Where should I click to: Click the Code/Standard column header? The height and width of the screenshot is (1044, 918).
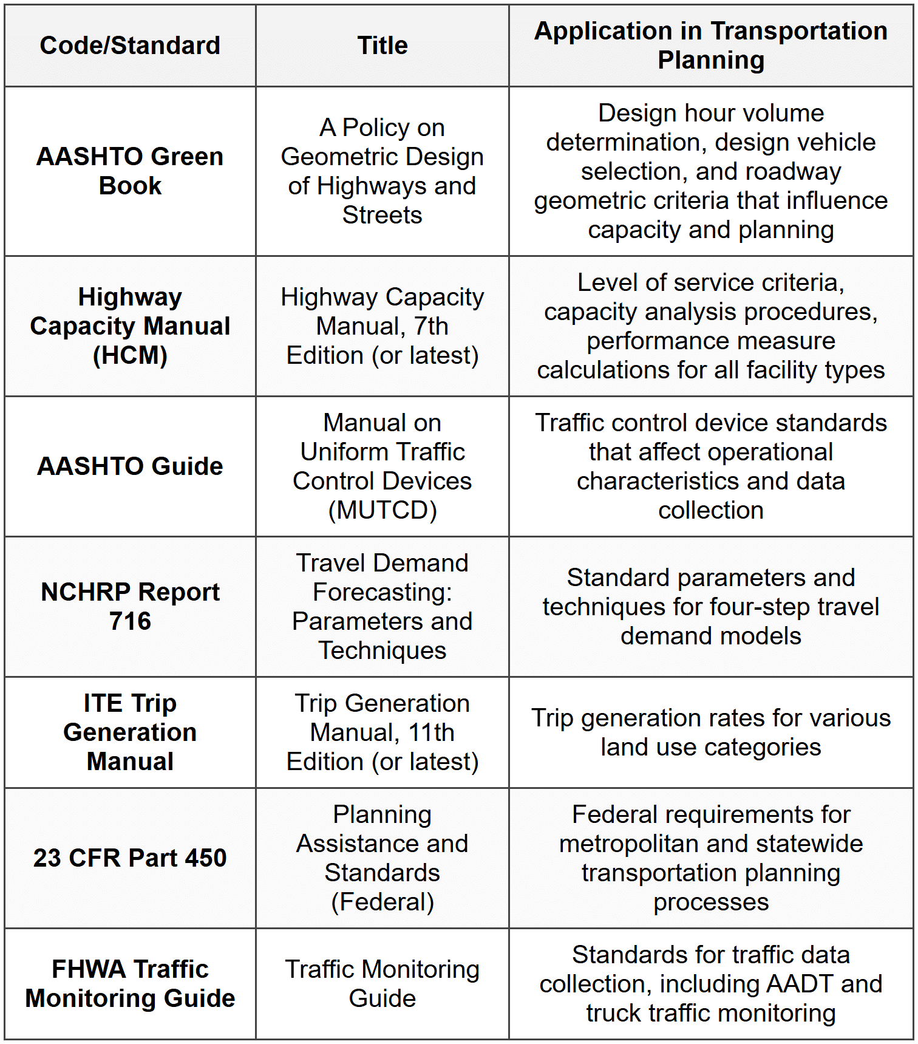[x=130, y=46]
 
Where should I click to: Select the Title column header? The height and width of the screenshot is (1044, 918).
[x=382, y=46]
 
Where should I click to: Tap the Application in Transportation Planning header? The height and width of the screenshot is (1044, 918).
[x=710, y=46]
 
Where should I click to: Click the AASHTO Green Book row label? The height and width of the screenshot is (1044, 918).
[x=130, y=171]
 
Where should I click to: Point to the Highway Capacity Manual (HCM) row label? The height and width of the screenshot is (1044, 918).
[x=130, y=326]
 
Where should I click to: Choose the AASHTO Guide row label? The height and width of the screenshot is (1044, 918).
[x=130, y=466]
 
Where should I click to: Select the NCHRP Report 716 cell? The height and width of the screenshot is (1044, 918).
[x=130, y=606]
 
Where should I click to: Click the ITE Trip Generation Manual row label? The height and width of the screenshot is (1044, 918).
[x=130, y=732]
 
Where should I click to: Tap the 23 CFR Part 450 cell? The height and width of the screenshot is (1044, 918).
[x=130, y=858]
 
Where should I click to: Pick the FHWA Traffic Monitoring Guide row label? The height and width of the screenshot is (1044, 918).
[x=130, y=984]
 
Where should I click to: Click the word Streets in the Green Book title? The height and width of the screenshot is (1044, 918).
[x=382, y=215]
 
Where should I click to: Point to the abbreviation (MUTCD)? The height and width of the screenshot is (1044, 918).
[x=382, y=510]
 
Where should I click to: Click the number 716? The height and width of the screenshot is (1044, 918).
[x=130, y=621]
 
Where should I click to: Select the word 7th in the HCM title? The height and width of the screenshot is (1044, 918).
[x=431, y=326]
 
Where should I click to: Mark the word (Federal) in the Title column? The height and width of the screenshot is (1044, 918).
[x=382, y=902]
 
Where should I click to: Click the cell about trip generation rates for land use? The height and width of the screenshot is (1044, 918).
[x=710, y=732]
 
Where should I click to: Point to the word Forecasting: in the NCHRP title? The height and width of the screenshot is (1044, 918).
[x=382, y=592]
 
